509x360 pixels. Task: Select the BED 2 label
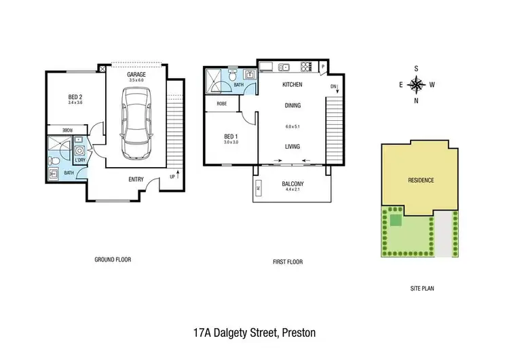pyautogui.click(x=75, y=97)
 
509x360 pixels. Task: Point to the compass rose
pyautogui.click(x=417, y=84)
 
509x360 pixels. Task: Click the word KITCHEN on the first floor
pyautogui.click(x=293, y=85)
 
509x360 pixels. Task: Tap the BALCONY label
pyautogui.click(x=293, y=184)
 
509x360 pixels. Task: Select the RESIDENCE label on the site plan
pyautogui.click(x=420, y=180)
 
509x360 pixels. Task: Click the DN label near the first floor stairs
pyautogui.click(x=333, y=87)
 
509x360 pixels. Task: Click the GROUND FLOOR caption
pyautogui.click(x=112, y=259)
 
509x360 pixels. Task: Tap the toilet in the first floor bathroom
pyautogui.click(x=232, y=77)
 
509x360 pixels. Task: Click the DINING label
pyautogui.click(x=293, y=105)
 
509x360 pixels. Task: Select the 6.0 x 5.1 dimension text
pyautogui.click(x=293, y=126)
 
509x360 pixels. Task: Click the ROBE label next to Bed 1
pyautogui.click(x=221, y=104)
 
